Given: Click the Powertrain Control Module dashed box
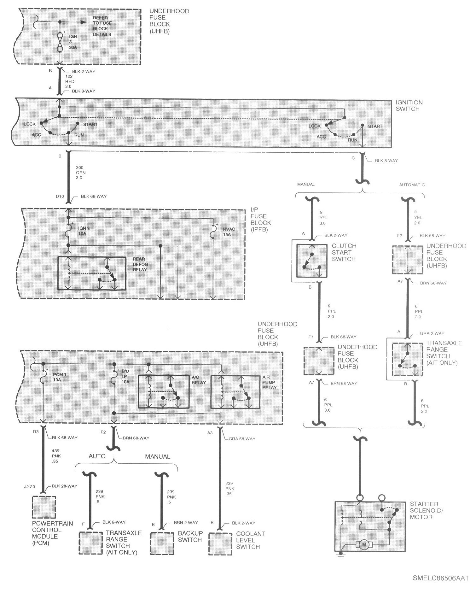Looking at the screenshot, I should pyautogui.click(x=44, y=507).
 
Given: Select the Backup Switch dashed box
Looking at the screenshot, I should pyautogui.click(x=162, y=544).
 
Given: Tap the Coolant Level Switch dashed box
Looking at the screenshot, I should pyautogui.click(x=220, y=544).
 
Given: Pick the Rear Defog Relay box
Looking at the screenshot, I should pyautogui.click(x=92, y=273).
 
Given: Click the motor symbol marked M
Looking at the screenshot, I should pyautogui.click(x=364, y=544).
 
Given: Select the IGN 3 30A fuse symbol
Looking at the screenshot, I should pyautogui.click(x=59, y=41).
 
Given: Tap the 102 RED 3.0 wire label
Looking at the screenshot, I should pyautogui.click(x=70, y=81).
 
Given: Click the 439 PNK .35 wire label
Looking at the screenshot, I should pyautogui.click(x=55, y=456).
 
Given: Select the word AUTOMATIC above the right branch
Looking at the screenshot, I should pyautogui.click(x=412, y=185).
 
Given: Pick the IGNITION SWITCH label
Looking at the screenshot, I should pyautogui.click(x=409, y=106).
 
